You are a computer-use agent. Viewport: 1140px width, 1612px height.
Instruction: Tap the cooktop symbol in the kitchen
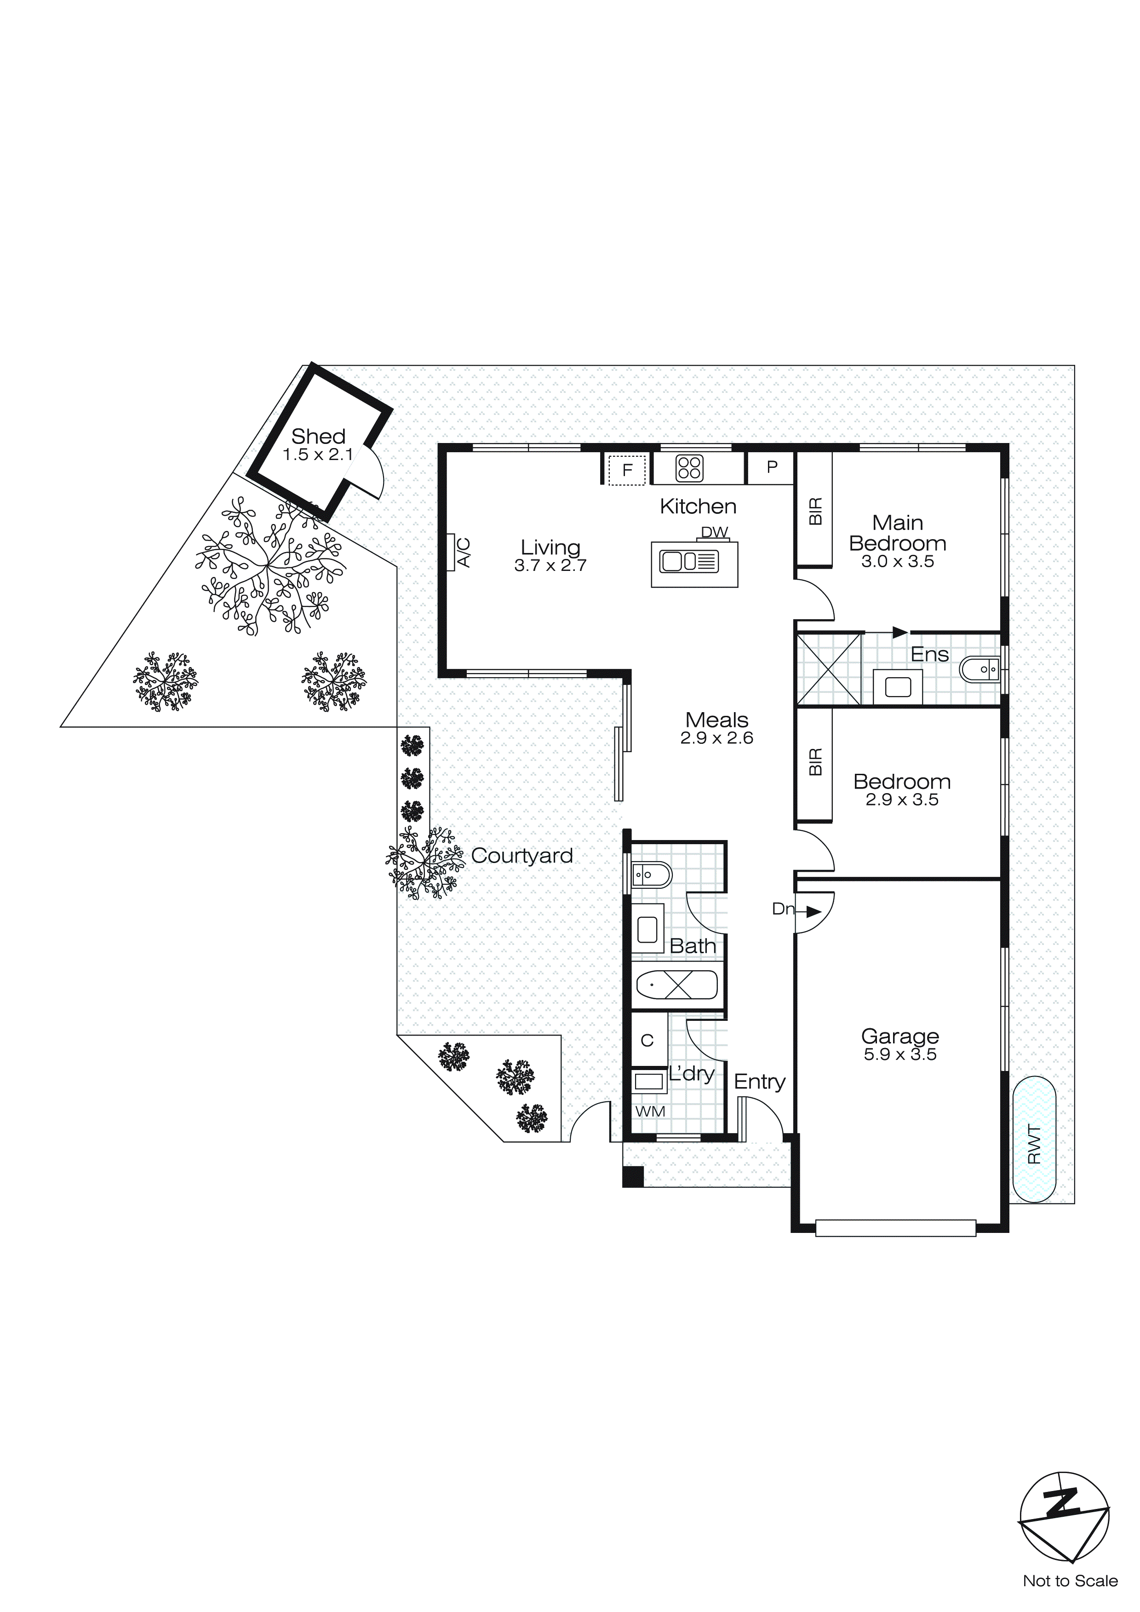(x=689, y=468)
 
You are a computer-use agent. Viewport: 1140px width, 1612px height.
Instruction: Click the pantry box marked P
(x=772, y=467)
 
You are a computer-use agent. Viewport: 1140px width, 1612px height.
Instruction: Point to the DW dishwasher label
(x=715, y=532)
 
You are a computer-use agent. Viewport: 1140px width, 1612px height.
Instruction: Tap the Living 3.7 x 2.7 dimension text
(x=550, y=566)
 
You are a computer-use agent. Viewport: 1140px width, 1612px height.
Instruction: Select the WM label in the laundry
(x=649, y=1111)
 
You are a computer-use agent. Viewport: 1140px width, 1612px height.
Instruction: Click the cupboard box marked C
(x=647, y=1041)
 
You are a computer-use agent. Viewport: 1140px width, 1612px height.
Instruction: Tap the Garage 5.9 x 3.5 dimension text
(x=900, y=1054)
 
